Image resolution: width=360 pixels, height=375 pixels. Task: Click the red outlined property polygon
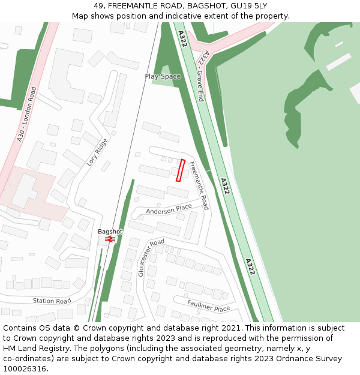pyautogui.click(x=180, y=170)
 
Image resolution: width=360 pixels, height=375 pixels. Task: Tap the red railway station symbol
pyautogui.click(x=110, y=239)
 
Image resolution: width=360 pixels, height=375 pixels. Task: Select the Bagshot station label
pyautogui.click(x=110, y=232)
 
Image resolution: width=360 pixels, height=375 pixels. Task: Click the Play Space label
pyautogui.click(x=163, y=76)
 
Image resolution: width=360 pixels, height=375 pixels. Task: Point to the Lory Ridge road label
pyautogui.click(x=97, y=152)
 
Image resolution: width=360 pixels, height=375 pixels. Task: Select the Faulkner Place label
pyautogui.click(x=208, y=307)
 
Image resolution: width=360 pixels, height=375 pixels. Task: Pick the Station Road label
pyautogui.click(x=52, y=301)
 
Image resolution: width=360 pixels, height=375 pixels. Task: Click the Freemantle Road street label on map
pyautogui.click(x=199, y=185)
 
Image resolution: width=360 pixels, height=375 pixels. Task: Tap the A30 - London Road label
pyautogui.click(x=27, y=114)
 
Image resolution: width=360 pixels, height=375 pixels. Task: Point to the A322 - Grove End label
pyautogui.click(x=203, y=76)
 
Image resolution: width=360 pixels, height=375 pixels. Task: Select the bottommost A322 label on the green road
pyautogui.click(x=250, y=266)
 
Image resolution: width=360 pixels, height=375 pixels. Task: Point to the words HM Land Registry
pyautogui.click(x=31, y=349)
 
